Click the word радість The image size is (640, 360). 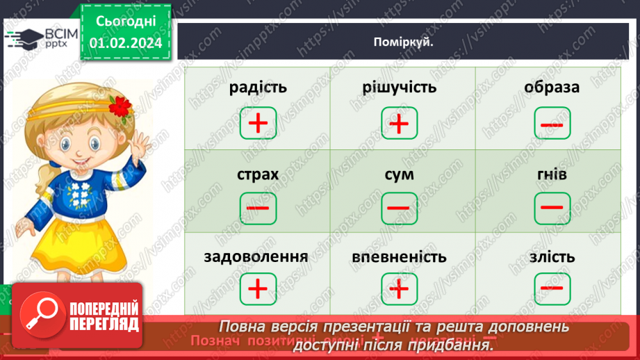point(257,88)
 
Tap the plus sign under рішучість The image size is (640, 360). point(399,124)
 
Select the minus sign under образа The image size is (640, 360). point(552,124)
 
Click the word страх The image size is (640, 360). point(257,174)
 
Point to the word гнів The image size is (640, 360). point(552,174)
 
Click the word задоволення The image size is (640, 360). point(256,256)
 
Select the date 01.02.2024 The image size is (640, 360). point(126,43)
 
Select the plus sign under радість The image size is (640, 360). point(258,124)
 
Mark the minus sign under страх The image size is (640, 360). point(258,207)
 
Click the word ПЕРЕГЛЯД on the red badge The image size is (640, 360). point(102,324)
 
